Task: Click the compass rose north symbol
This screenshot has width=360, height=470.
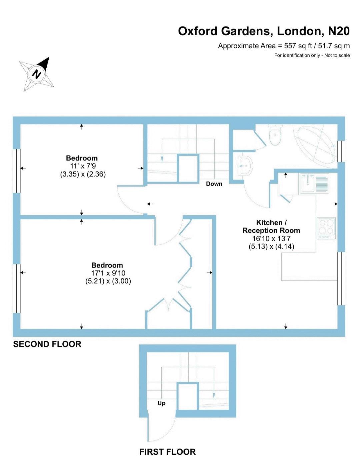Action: [36, 74]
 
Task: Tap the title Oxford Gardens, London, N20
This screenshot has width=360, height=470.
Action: [264, 31]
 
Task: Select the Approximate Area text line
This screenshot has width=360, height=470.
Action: [284, 46]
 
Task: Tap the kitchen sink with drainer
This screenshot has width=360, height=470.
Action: [314, 184]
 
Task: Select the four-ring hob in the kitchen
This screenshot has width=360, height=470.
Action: [326, 229]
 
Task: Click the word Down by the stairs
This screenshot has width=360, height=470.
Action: [214, 184]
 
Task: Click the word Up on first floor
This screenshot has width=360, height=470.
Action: [161, 403]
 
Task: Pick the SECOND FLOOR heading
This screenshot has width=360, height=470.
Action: [47, 344]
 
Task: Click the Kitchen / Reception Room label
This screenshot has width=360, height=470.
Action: [271, 227]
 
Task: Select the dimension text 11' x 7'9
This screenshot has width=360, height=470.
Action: [83, 166]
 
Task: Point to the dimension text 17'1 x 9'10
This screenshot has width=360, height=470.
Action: [108, 273]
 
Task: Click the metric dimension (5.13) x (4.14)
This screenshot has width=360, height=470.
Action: [271, 246]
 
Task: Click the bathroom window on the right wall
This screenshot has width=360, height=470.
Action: [341, 151]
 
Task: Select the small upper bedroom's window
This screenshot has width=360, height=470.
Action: [17, 171]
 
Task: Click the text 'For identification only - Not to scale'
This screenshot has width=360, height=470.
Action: [312, 55]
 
